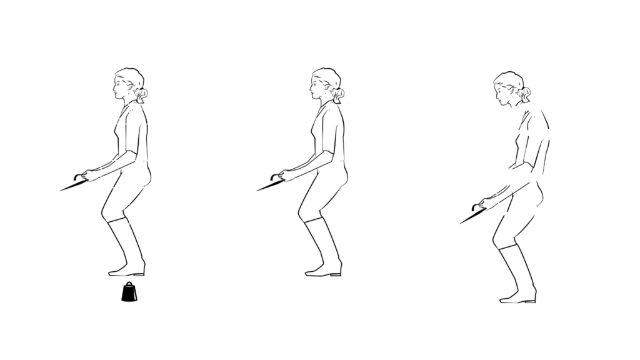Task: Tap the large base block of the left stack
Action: coord(128,232)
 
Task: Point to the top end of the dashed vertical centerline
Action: coord(129,91)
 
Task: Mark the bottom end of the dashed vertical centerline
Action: coord(129,280)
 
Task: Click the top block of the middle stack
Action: coord(326,81)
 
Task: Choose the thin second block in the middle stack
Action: coord(326,114)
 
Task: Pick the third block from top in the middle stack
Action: coord(326,142)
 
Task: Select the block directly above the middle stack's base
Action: coord(326,174)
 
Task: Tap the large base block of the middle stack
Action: coord(324,232)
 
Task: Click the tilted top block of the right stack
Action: coord(509,85)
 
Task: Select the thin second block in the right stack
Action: coord(531,119)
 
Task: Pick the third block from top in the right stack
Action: coord(529,154)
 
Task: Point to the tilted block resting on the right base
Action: coord(526,196)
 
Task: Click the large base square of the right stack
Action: coord(519,259)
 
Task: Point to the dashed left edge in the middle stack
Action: coord(297,174)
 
